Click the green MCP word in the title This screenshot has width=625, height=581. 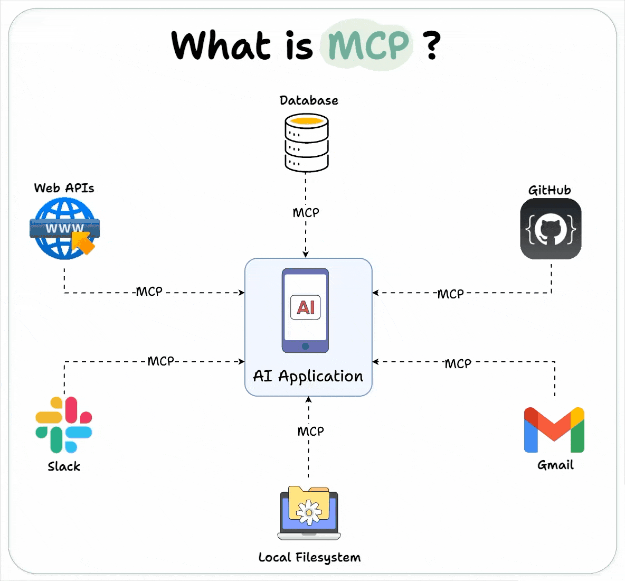[368, 45]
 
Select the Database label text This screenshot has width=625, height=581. [309, 100]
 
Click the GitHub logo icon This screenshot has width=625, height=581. [551, 229]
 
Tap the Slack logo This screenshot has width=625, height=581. [64, 425]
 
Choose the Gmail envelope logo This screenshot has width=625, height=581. [554, 430]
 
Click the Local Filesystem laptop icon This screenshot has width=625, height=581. [309, 513]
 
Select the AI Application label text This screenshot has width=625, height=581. [308, 376]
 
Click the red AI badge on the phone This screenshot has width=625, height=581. [306, 307]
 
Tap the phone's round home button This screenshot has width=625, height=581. [305, 346]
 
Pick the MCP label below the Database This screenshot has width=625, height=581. [306, 212]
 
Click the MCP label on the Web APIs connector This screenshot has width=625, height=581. [149, 292]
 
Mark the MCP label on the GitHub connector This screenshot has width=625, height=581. [450, 294]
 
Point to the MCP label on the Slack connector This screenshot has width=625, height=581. [160, 361]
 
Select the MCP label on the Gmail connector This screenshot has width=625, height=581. [458, 363]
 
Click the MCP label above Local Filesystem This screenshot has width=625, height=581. [310, 432]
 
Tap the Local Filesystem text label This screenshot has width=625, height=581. [309, 557]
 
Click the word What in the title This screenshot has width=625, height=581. [221, 45]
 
